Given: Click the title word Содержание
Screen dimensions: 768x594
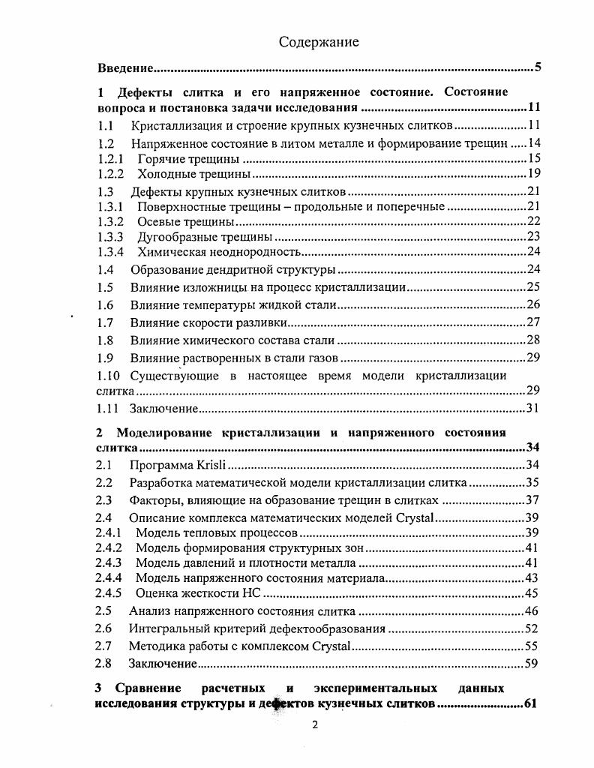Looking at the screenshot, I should coord(319,42).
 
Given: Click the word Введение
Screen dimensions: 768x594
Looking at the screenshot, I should coord(126,69).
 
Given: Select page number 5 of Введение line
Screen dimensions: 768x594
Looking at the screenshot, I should coord(538,69).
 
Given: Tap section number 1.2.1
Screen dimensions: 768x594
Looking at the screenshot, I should coord(111,159).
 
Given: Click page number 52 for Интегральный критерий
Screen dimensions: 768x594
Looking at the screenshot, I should coord(532,628).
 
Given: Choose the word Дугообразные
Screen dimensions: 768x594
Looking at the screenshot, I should coord(172,236).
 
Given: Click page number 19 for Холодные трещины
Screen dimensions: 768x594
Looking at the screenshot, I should coord(533,174).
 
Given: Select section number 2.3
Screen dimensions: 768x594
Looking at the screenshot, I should coord(104,500).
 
